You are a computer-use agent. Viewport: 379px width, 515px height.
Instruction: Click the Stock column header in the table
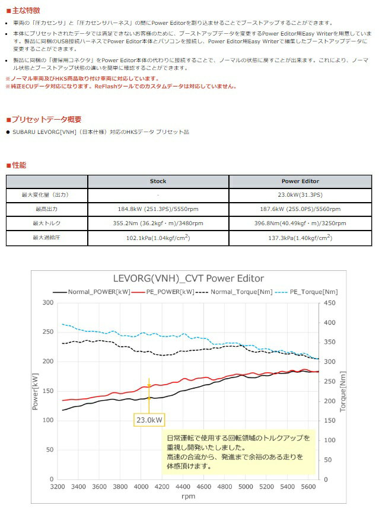(158, 181)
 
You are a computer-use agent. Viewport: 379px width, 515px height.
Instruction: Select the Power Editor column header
(300, 181)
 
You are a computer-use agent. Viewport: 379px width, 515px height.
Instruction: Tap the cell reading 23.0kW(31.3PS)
(300, 195)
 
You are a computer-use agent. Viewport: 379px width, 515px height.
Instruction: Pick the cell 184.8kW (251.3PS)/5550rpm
(158, 209)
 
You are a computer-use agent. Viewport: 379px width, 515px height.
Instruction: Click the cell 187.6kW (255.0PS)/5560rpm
(300, 209)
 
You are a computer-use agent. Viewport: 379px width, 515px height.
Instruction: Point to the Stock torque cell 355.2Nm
(158, 223)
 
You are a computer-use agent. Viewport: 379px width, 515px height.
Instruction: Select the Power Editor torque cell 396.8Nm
(300, 223)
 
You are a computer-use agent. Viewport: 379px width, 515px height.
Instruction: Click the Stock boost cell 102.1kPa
(158, 238)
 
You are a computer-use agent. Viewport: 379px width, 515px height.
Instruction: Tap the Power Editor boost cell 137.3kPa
(300, 238)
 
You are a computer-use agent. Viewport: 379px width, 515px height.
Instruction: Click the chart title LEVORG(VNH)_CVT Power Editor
(188, 279)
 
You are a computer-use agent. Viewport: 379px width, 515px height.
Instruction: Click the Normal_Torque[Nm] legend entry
(234, 292)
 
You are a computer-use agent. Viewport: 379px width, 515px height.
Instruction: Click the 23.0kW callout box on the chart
(149, 420)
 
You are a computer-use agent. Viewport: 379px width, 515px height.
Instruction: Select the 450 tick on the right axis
(329, 303)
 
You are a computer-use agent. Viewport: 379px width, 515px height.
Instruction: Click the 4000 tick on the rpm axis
(141, 487)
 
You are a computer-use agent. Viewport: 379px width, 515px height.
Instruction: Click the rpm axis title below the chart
(188, 497)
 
